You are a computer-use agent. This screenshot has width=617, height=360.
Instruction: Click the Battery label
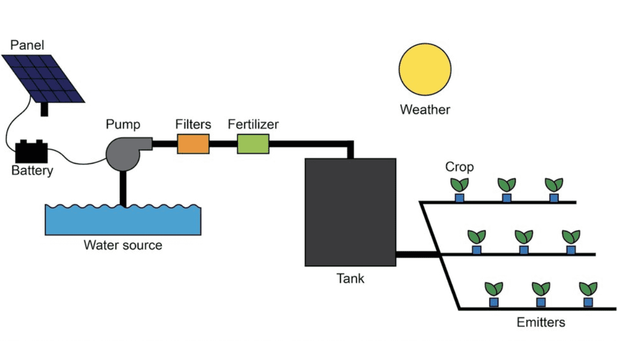click(32, 171)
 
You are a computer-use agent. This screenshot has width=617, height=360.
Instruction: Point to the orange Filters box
click(193, 143)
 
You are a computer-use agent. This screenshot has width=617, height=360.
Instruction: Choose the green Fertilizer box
click(253, 143)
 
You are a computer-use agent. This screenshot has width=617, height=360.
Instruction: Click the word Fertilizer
click(253, 124)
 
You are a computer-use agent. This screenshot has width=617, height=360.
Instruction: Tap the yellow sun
click(425, 69)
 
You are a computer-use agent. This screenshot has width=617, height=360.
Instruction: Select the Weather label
click(425, 110)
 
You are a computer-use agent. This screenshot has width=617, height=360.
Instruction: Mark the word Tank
click(350, 279)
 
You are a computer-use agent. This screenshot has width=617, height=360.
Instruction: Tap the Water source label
click(123, 245)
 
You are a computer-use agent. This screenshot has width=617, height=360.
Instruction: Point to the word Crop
click(459, 167)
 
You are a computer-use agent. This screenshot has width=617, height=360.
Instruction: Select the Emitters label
click(540, 323)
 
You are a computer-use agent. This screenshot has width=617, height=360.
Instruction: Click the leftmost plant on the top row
click(459, 185)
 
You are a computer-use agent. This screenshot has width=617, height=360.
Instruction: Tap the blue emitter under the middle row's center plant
click(523, 250)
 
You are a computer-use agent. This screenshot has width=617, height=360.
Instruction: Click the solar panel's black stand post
click(45, 109)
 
